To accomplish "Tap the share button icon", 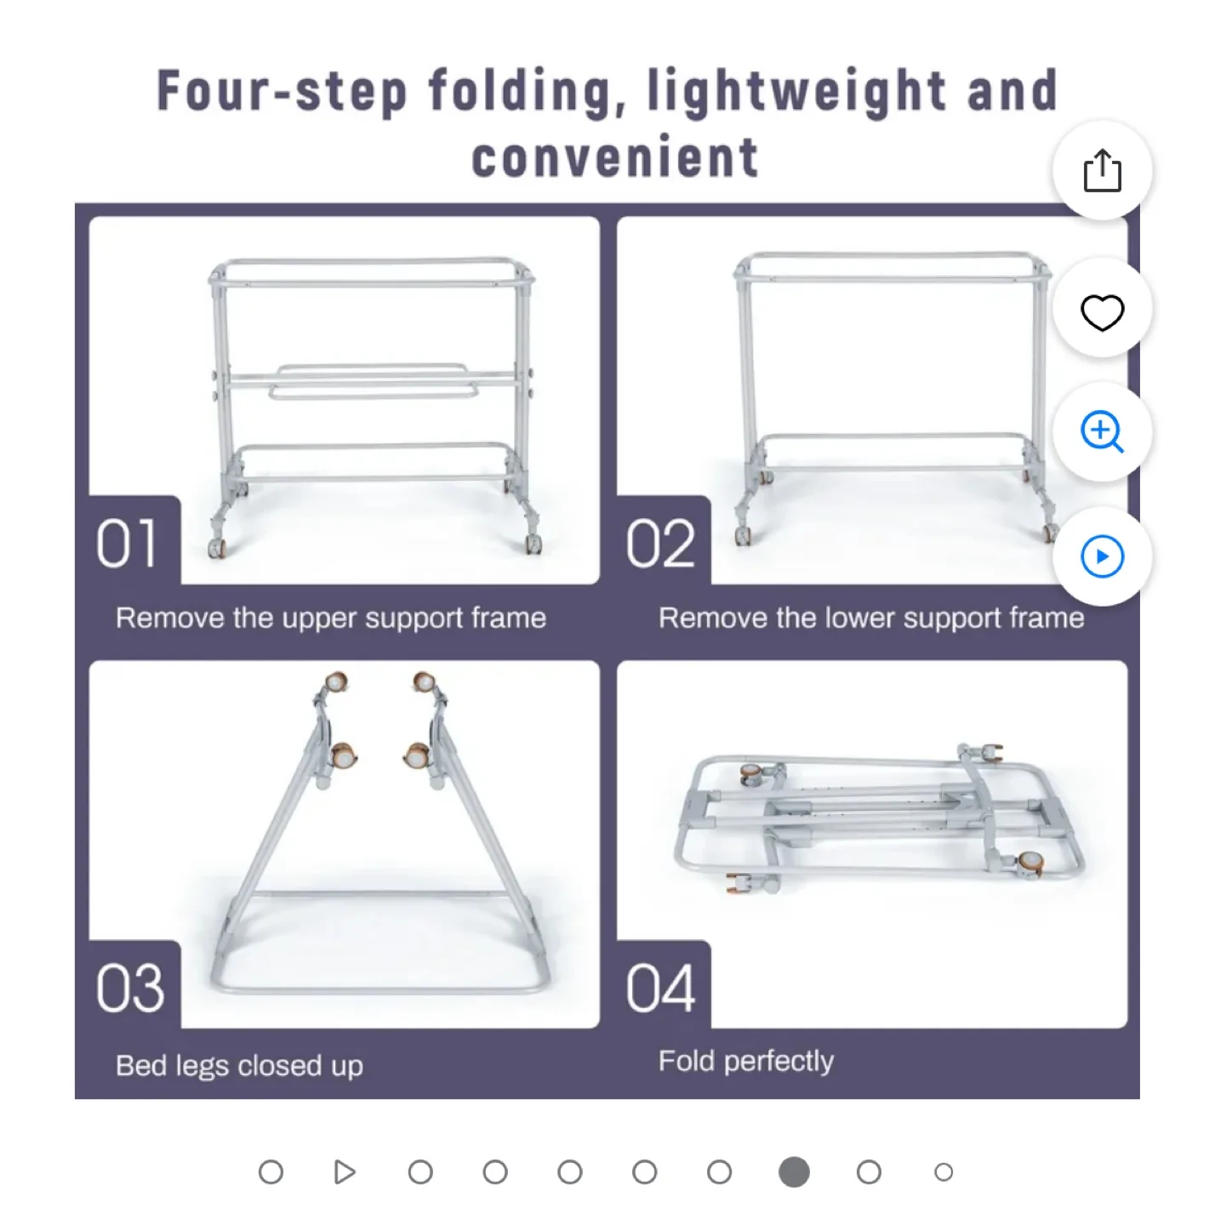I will [x=1102, y=171].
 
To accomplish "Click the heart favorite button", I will [x=1102, y=311].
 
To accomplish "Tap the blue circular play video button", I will [x=1102, y=556].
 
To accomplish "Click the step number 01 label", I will [x=127, y=544].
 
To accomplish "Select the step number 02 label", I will [x=660, y=544].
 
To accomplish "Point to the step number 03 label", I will [x=129, y=989].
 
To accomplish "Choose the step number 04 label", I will [x=660, y=989].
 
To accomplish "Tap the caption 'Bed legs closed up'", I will [x=239, y=1065].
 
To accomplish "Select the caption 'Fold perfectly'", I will [x=745, y=1061].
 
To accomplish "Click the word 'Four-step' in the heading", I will [x=282, y=92].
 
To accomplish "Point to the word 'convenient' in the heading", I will [x=614, y=158].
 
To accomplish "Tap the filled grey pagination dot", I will [x=794, y=1172].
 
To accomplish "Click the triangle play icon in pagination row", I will [x=344, y=1172].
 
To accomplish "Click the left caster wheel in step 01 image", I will [x=219, y=546].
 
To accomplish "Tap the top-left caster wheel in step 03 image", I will [x=336, y=683].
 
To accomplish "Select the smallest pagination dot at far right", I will [x=943, y=1172].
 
